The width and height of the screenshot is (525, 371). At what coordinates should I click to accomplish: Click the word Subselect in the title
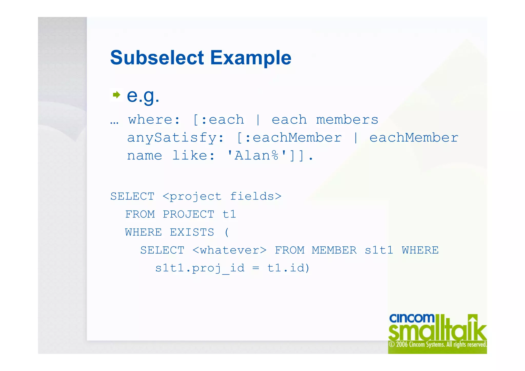pos(157,58)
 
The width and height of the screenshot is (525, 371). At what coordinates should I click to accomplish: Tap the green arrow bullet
pos(117,95)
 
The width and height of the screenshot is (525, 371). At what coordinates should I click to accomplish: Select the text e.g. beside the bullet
pos(143,96)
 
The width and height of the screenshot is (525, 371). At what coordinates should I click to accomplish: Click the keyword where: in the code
pos(154,120)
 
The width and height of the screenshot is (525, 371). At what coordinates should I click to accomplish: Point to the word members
pos(347,120)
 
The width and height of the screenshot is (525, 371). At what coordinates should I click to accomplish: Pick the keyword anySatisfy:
pos(175,138)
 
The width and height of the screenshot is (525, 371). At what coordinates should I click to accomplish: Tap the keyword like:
pos(194,155)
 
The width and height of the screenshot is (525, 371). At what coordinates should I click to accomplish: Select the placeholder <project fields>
pos(222,196)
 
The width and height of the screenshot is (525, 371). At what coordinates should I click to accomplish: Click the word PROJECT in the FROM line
pos(188,214)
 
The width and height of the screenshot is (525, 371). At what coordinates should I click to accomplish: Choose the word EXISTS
pos(192,232)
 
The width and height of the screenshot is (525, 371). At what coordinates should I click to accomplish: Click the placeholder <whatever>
pos(229,250)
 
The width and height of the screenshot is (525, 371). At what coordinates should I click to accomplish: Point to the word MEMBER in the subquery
pos(334,250)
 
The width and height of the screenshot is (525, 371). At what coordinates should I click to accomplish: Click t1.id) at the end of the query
pos(288,268)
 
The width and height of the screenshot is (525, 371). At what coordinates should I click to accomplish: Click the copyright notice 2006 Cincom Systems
pos(437,344)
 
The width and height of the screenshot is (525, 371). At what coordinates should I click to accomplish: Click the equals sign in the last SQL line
pos(256,268)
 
